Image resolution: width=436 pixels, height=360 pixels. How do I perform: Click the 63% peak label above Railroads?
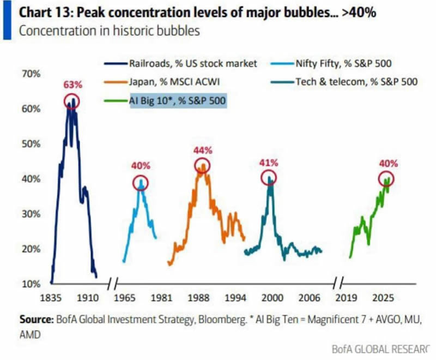click(x=72, y=85)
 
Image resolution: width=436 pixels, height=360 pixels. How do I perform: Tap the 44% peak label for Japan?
click(x=203, y=151)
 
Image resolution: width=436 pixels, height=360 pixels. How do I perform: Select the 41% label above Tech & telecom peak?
click(x=269, y=163)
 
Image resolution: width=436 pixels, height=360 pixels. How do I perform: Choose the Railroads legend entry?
click(x=181, y=64)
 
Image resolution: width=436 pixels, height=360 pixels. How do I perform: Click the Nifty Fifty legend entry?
click(x=331, y=64)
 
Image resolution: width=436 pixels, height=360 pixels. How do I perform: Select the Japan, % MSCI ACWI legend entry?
click(x=162, y=82)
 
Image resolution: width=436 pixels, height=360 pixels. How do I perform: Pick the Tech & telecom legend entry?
click(x=344, y=82)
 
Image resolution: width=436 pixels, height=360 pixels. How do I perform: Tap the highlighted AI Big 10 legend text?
click(x=178, y=100)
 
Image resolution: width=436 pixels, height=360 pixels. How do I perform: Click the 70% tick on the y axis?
click(x=31, y=74)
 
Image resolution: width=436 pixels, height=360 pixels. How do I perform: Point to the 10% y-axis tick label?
click(x=31, y=284)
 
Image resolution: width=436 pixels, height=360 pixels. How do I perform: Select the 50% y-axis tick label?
click(x=31, y=144)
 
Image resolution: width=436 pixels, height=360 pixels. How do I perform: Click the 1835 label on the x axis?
click(x=51, y=298)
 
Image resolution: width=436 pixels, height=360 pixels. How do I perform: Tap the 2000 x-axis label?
click(x=272, y=298)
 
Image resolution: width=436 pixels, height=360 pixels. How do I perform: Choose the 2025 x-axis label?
click(x=383, y=298)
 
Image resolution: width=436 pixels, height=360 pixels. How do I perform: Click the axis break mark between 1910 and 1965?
click(x=113, y=284)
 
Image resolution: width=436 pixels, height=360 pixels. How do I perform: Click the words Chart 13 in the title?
click(x=44, y=13)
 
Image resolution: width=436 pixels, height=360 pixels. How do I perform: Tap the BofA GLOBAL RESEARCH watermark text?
click(x=380, y=349)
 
